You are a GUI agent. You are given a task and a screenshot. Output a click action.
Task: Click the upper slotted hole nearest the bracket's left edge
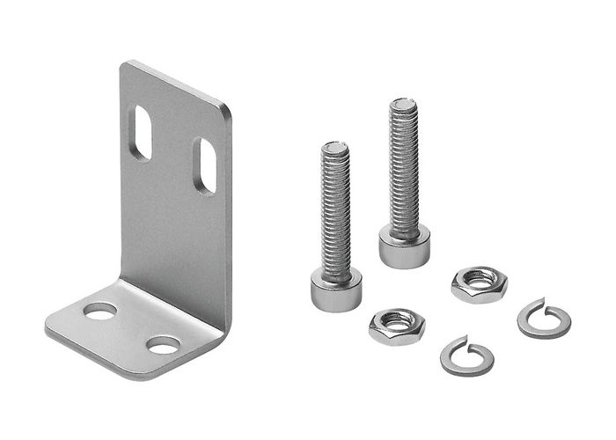click(140, 132)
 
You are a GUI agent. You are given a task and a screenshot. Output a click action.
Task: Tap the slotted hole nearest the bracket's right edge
click(205, 165)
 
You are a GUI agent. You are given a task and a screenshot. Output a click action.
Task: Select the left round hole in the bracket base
click(99, 311)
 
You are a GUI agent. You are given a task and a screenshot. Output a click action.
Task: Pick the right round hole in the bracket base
click(164, 345)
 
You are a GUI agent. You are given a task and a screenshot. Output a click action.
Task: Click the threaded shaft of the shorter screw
click(335, 216)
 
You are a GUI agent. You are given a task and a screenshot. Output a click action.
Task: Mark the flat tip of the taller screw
click(404, 105)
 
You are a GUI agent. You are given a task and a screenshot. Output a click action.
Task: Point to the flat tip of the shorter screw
click(335, 147)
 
